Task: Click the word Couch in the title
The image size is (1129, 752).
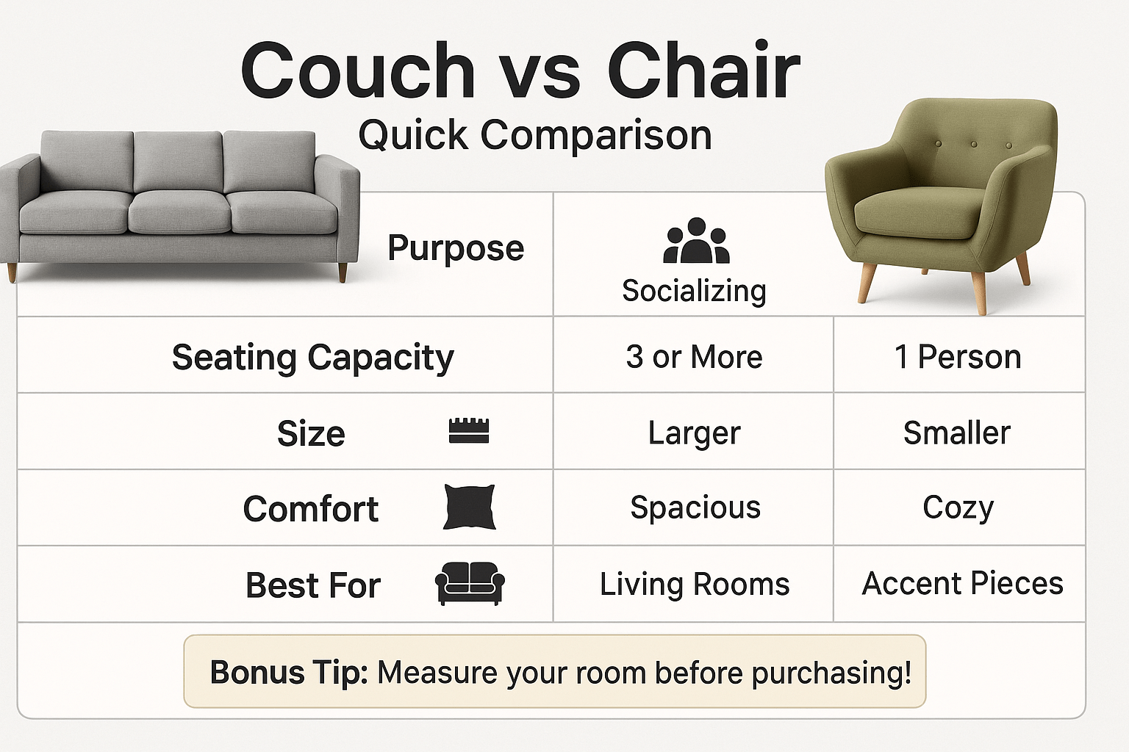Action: (358, 70)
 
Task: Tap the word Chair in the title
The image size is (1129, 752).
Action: (703, 69)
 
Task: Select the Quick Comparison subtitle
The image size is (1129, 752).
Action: (535, 135)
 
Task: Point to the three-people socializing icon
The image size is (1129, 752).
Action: (696, 240)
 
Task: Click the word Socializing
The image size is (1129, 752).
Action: (694, 291)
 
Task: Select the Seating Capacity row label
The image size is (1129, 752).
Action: (313, 358)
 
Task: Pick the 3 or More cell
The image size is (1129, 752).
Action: (694, 357)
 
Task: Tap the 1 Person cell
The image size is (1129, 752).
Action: (958, 357)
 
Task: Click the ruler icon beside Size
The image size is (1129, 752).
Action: (469, 430)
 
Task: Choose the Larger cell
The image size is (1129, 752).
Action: (694, 433)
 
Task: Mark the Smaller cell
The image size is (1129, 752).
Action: (956, 432)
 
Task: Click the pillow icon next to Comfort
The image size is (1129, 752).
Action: (469, 507)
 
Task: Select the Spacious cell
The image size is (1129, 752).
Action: (695, 507)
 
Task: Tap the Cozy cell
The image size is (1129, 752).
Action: (958, 507)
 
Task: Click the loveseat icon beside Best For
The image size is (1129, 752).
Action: (470, 583)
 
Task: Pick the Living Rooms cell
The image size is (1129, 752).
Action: (695, 584)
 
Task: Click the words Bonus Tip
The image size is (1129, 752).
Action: (289, 672)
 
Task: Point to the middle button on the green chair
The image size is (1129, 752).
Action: (974, 145)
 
